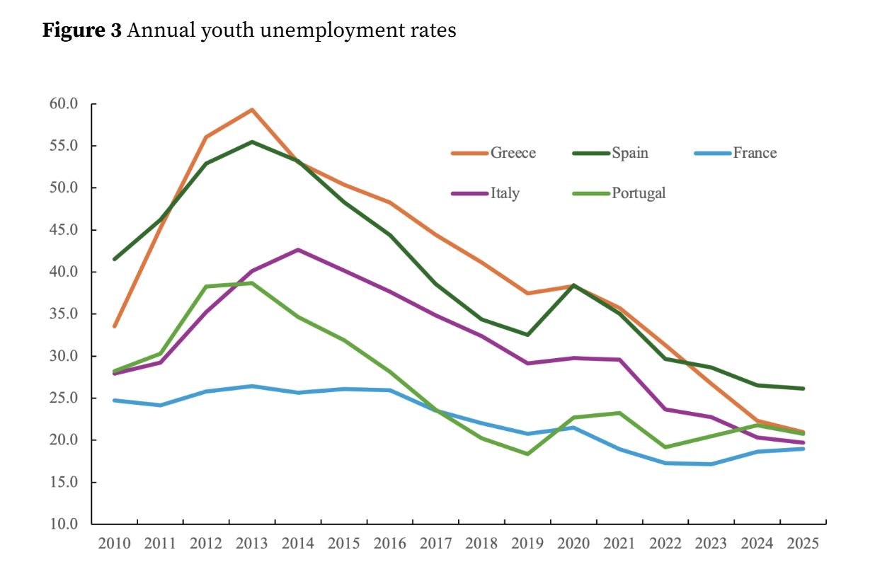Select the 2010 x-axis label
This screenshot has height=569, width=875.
pyautogui.click(x=115, y=544)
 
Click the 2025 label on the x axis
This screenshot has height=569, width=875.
pyautogui.click(x=802, y=544)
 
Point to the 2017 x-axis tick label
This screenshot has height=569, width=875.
pyautogui.click(x=435, y=544)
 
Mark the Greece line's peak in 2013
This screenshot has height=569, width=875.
pyautogui.click(x=251, y=110)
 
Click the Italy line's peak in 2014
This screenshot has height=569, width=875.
pyautogui.click(x=298, y=249)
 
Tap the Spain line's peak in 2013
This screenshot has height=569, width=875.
pyautogui.click(x=251, y=142)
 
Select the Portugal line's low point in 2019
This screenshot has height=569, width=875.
pyautogui.click(x=527, y=454)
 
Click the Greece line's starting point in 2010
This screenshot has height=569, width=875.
pyautogui.click(x=115, y=326)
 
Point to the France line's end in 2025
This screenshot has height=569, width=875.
pyautogui.click(x=802, y=449)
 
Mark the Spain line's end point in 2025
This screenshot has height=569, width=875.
pyautogui.click(x=802, y=389)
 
